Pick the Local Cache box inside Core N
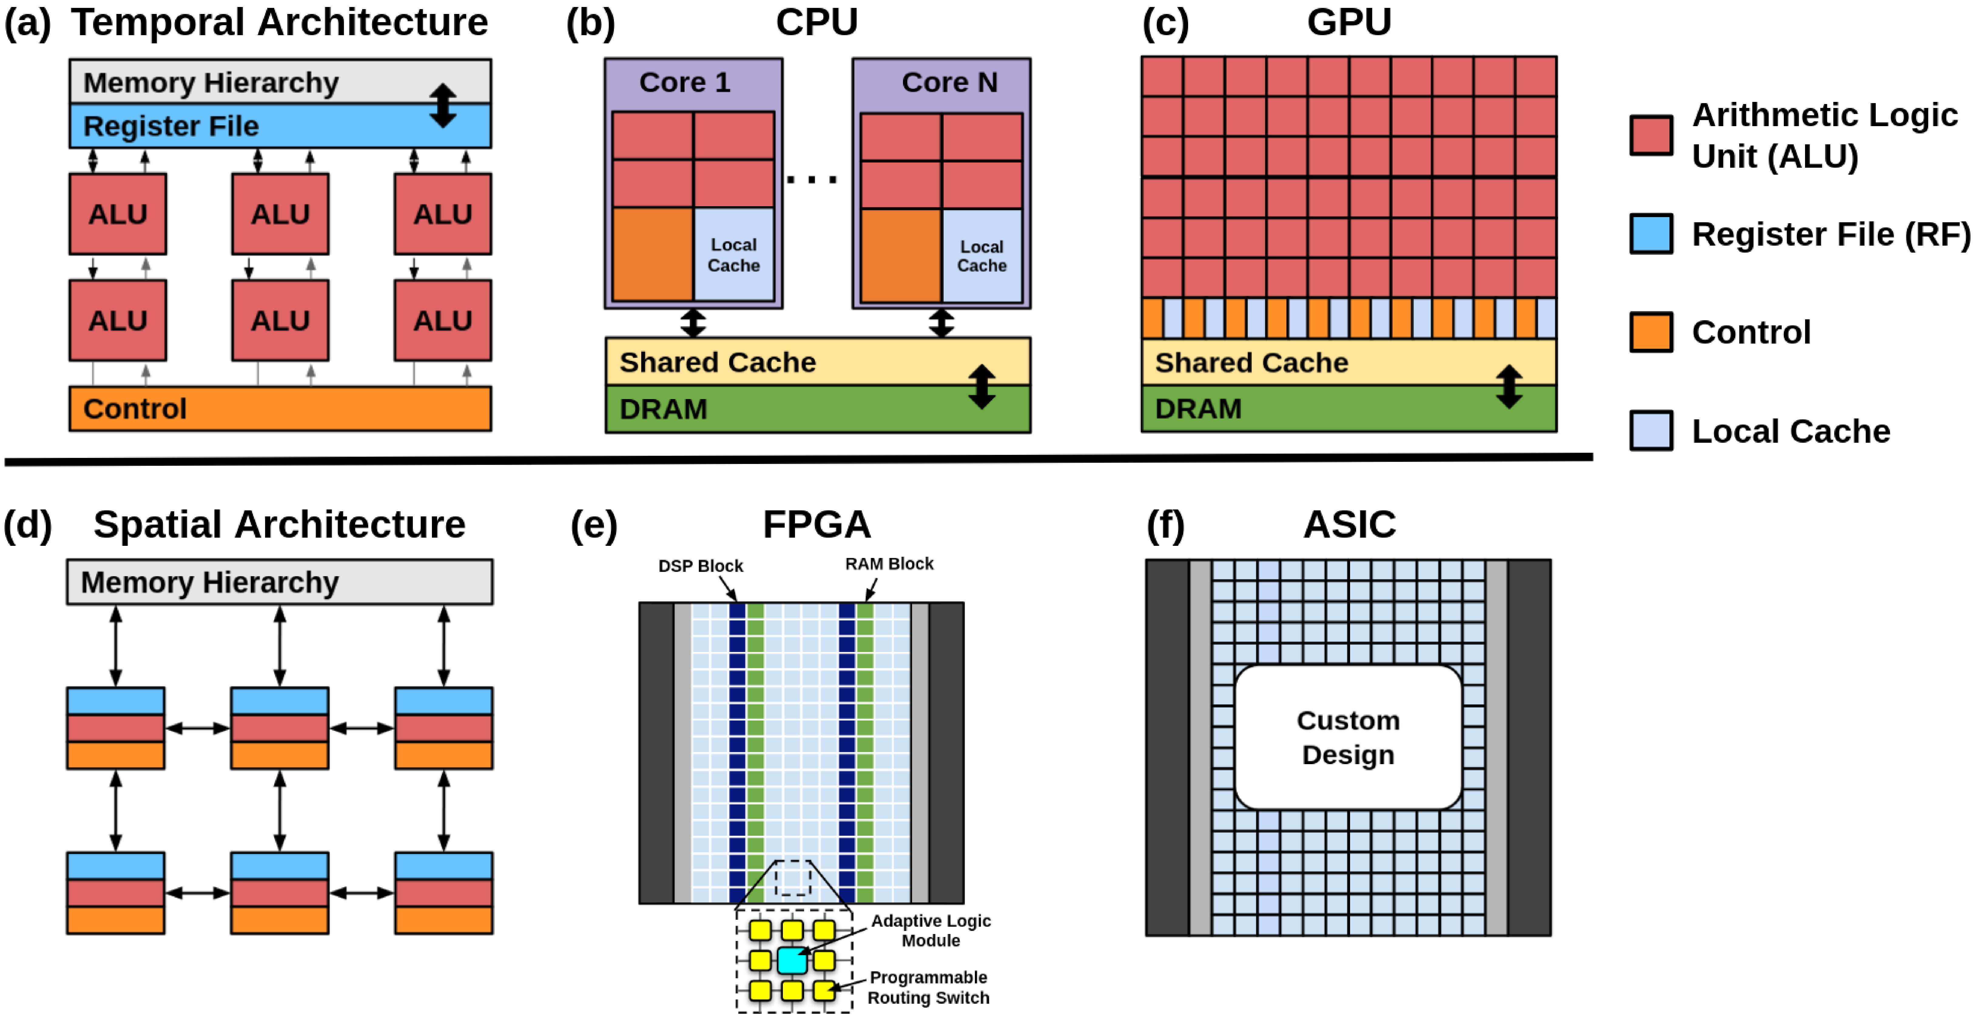pyautogui.click(x=982, y=256)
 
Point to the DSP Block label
pyautogui.click(x=700, y=566)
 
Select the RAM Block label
pyautogui.click(x=889, y=564)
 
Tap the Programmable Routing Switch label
pyautogui.click(x=928, y=987)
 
